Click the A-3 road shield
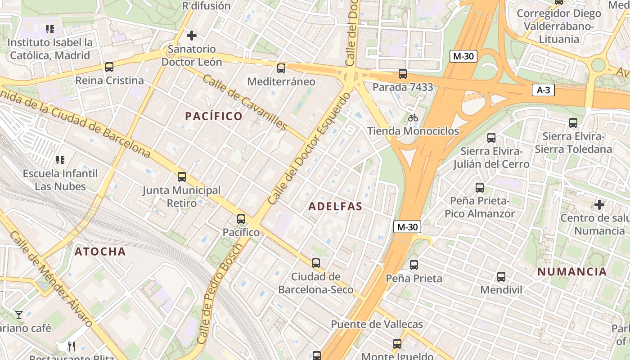click(x=543, y=90)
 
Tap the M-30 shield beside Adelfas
click(x=407, y=227)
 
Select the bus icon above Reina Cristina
click(x=109, y=67)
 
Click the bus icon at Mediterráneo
click(x=281, y=68)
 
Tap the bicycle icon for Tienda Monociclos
click(x=413, y=118)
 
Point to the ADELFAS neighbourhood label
click(x=335, y=207)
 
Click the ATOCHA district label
click(x=100, y=252)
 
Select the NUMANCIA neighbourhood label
click(x=572, y=272)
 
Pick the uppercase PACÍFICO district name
click(x=214, y=116)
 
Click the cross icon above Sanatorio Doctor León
click(x=192, y=35)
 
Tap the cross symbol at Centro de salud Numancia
click(x=599, y=205)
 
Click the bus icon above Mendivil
click(x=501, y=277)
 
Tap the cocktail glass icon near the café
click(x=19, y=315)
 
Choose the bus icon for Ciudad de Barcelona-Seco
click(x=316, y=263)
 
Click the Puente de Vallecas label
click(x=377, y=324)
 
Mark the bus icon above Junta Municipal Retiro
click(x=182, y=177)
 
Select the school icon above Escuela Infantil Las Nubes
click(x=60, y=160)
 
